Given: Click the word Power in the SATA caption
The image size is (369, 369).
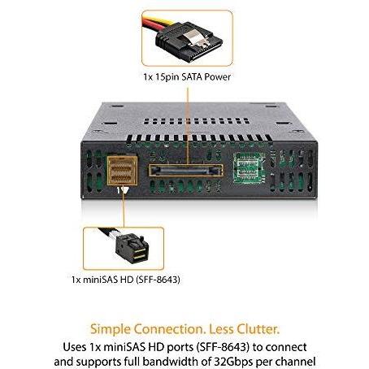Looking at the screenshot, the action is pos(217,77).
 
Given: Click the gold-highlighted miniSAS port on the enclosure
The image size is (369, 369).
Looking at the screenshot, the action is pos(122,171).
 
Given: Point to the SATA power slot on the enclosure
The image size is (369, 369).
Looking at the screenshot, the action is pos(186,171).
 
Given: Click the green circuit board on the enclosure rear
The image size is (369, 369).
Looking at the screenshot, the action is pos(250,167).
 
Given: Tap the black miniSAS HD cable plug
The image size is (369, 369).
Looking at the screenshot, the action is pos(132,249).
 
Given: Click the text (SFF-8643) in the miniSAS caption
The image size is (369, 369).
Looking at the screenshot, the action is pos(158,280).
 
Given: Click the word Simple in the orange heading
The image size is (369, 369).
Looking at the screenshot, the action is pos(111,329).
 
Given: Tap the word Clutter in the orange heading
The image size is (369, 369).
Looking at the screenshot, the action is pos(258,329).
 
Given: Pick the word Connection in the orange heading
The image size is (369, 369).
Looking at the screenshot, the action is pos(170,329).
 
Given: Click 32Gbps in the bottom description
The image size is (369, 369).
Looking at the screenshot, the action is pos(234,362).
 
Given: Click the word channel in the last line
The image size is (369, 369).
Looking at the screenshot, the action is pos(296,362).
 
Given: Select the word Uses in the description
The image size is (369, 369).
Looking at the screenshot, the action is pos(74,347).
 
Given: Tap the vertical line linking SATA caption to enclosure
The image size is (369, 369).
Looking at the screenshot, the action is pos(187,127).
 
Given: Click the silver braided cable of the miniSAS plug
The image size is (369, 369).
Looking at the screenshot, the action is pos(110,232).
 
